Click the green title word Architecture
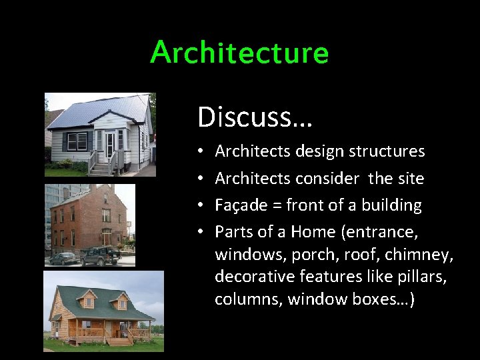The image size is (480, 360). click(x=239, y=53)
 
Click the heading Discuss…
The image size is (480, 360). click(x=255, y=117)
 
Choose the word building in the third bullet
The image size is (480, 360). click(x=392, y=206)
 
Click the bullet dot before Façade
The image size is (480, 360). click(x=201, y=206)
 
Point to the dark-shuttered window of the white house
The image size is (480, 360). click(x=76, y=141)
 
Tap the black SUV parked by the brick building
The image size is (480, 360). click(x=101, y=256)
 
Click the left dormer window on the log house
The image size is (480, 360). click(x=87, y=301)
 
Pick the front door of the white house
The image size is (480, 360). click(x=110, y=142)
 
